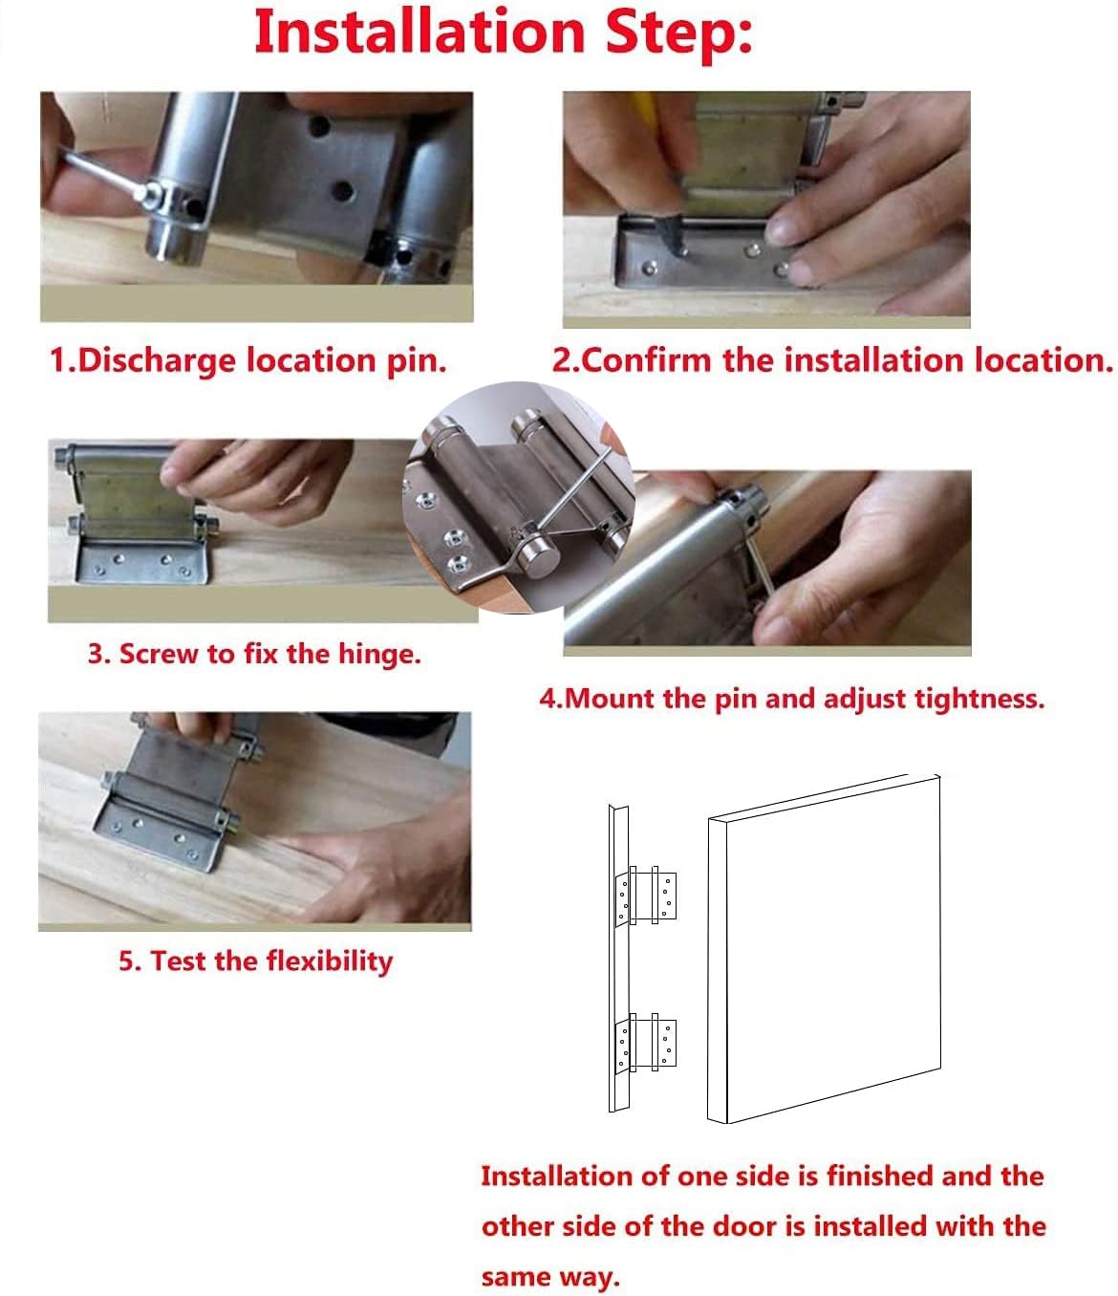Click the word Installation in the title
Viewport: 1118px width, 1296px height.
(419, 32)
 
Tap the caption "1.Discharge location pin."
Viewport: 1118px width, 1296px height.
(248, 361)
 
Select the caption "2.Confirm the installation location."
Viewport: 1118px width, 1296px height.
(832, 360)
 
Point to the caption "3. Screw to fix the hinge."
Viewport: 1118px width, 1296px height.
(254, 654)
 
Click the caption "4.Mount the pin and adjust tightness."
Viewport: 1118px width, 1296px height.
(792, 699)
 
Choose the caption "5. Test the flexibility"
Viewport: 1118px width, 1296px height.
(256, 961)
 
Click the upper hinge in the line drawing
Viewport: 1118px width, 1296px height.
(646, 896)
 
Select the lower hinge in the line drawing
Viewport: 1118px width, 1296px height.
(646, 1042)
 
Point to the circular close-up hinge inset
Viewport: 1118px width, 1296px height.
(519, 497)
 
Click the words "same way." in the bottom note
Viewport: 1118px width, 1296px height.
(550, 1277)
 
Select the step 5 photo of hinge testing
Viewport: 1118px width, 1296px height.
(254, 821)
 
